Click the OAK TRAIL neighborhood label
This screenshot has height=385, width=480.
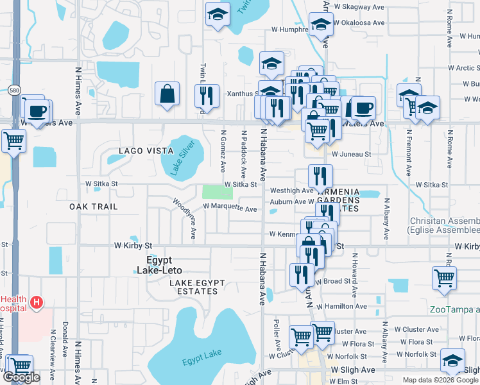pos(94,207)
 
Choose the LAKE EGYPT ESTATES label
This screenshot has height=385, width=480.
pos(193,286)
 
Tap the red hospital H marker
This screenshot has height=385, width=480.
pos(37,302)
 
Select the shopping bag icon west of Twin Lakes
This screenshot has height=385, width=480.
pos(167,94)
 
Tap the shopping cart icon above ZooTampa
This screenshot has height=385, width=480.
pos(444,278)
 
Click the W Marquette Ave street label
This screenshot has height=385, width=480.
pos(230,208)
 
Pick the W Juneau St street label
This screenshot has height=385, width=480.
pos(351,154)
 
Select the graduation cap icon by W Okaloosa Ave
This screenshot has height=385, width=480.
pos(319,26)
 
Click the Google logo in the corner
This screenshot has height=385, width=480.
pos(22,377)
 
